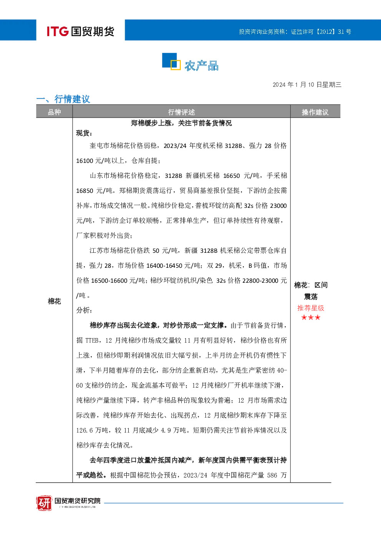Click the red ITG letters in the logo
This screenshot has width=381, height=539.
click(58, 31)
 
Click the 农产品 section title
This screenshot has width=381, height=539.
click(202, 66)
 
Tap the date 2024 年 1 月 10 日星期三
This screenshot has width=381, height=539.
click(307, 85)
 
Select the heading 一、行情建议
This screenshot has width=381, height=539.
click(63, 99)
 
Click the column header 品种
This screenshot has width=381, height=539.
click(55, 112)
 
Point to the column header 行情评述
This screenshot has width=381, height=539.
click(181, 112)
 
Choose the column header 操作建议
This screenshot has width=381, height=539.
click(315, 112)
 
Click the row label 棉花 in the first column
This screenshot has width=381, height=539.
click(55, 301)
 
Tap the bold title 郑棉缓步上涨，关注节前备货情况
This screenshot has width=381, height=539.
click(181, 123)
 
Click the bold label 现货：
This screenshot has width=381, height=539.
click(84, 133)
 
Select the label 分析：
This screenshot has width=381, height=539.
click(84, 310)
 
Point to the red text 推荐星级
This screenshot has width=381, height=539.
click(311, 308)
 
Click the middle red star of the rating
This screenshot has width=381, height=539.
click(311, 317)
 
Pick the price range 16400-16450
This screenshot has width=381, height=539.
click(164, 265)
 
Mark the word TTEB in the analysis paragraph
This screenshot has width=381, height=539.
click(92, 340)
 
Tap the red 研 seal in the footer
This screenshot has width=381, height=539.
click(44, 503)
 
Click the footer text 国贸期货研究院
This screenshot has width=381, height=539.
click(78, 501)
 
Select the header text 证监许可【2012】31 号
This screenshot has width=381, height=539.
click(321, 32)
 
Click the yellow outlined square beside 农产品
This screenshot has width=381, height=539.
click(176, 65)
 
